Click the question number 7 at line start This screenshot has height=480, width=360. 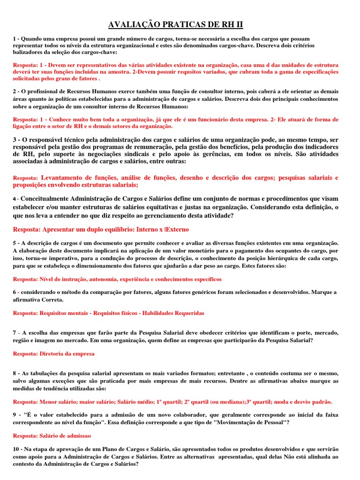(15, 332)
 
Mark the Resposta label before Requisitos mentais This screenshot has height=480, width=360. (26, 313)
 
